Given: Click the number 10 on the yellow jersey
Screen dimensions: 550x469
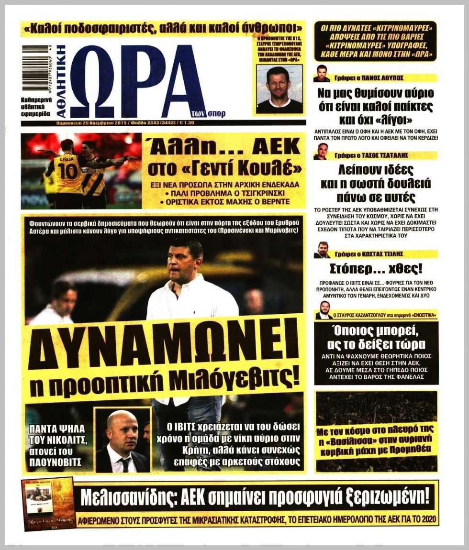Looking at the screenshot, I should tap(68, 170).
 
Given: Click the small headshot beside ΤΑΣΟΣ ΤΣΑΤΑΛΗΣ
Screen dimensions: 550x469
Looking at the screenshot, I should tap(321, 151).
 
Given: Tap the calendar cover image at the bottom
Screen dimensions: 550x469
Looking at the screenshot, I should tap(49, 504).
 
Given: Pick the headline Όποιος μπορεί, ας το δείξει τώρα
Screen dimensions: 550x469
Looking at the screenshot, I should tap(376, 339).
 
